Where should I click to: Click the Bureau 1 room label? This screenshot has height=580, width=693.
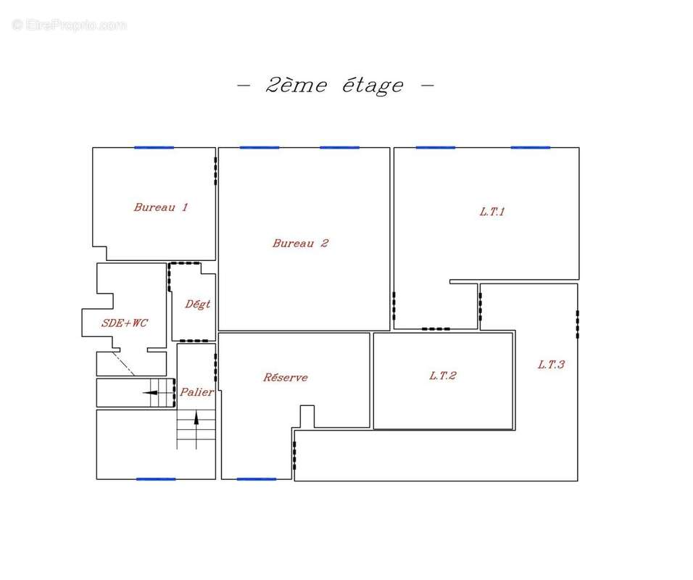(x=161, y=207)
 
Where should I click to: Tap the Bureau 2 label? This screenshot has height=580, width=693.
(x=300, y=243)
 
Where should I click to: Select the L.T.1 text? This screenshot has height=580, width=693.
(x=492, y=212)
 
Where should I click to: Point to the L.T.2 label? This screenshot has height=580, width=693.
(x=442, y=376)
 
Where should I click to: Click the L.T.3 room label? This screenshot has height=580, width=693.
(x=551, y=365)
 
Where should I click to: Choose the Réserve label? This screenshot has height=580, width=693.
(x=286, y=377)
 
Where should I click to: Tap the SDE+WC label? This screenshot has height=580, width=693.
(x=125, y=323)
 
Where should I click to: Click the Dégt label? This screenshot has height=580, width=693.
(x=197, y=304)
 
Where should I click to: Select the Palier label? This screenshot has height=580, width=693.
(x=196, y=391)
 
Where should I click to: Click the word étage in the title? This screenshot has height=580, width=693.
(x=373, y=86)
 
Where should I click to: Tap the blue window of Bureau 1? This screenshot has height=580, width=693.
(x=154, y=148)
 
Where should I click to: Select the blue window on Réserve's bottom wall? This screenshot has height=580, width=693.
(x=257, y=478)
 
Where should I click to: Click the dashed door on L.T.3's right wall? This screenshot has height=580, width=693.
(x=577, y=324)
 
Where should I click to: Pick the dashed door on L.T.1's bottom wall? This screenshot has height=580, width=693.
(x=436, y=329)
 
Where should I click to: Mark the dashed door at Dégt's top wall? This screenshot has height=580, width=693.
(x=185, y=263)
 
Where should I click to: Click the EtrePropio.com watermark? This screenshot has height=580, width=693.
(x=69, y=25)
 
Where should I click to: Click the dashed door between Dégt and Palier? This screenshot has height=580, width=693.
(x=194, y=341)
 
